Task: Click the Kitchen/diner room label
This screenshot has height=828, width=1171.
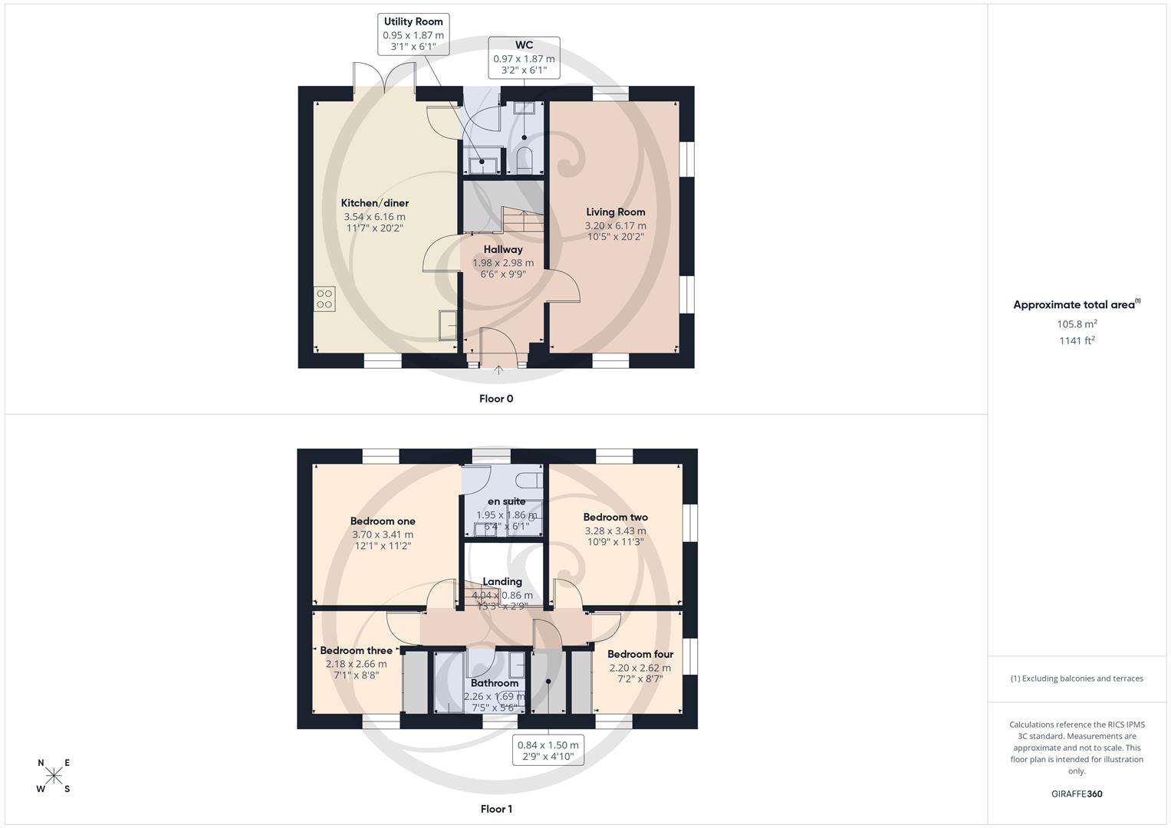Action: [x=374, y=203]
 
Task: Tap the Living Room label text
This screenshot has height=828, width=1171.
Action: [x=615, y=212]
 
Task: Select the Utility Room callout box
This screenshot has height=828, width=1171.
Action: [x=413, y=34]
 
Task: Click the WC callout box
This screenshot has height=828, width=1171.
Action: [x=524, y=58]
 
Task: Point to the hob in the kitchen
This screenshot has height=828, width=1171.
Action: [x=324, y=298]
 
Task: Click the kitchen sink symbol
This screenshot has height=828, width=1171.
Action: [x=448, y=324]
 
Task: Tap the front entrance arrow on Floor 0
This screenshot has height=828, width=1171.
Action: [x=498, y=371]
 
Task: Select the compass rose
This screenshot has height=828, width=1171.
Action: [x=54, y=776]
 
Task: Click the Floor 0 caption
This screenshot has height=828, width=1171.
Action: [x=496, y=399]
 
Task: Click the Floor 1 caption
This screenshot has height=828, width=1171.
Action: [x=496, y=809]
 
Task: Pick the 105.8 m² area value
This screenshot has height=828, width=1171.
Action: [x=1077, y=324]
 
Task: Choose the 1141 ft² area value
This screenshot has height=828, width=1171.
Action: [x=1077, y=340]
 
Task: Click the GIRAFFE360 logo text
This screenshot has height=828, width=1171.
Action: [x=1077, y=794]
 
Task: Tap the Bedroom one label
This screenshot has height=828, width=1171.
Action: [x=383, y=521]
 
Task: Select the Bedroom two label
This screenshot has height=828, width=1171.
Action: [x=615, y=517]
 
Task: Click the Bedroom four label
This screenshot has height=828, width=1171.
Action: [x=640, y=654]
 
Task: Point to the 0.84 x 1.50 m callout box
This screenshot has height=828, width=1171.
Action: [x=548, y=751]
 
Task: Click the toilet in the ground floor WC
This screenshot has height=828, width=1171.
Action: [x=525, y=159]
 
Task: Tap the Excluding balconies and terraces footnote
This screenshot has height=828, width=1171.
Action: [x=1077, y=678]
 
